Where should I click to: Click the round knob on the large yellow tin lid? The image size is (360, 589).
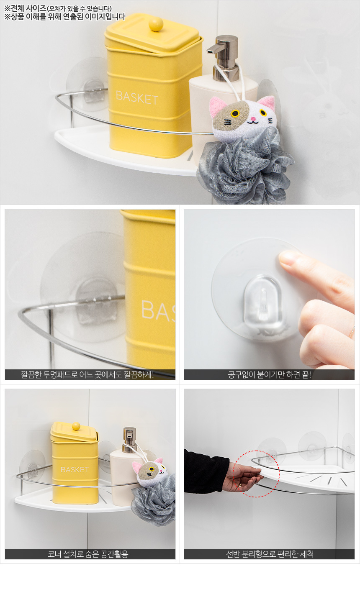[x=156, y=24]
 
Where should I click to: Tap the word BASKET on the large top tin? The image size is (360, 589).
[x=137, y=98]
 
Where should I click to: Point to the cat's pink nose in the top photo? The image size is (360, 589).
[x=253, y=119]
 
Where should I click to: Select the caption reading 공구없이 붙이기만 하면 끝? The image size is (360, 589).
[x=269, y=374]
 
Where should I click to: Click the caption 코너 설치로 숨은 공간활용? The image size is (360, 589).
[x=87, y=554]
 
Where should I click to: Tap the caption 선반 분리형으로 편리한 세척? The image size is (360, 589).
[x=270, y=554]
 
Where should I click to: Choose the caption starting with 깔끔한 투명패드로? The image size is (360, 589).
[x=87, y=374]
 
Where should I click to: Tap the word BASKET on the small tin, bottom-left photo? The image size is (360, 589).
[x=75, y=470]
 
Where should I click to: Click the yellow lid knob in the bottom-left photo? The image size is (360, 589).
[x=76, y=426]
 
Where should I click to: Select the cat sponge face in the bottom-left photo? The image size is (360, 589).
[x=149, y=471]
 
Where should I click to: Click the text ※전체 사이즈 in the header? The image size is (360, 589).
[x=25, y=8]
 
